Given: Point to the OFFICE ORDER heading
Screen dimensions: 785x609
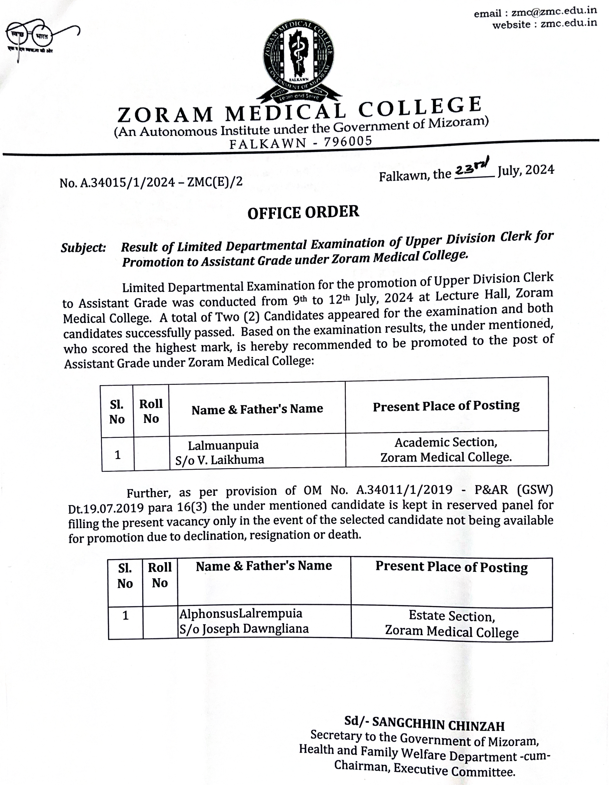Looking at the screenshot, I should tap(303, 213).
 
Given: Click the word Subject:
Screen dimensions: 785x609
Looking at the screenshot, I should tap(83, 248).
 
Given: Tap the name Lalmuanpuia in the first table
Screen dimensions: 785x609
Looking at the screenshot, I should tap(223, 445).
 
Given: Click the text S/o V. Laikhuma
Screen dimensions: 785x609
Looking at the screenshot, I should tap(219, 460).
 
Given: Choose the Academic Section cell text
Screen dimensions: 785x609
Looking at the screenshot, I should tap(446, 442).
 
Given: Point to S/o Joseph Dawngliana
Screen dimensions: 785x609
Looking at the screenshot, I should tap(244, 629).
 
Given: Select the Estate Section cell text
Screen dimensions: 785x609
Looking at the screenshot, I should tap(452, 616).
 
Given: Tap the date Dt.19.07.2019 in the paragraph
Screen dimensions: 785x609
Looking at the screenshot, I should tap(106, 508).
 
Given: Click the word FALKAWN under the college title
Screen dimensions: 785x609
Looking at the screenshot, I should tap(268, 143).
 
